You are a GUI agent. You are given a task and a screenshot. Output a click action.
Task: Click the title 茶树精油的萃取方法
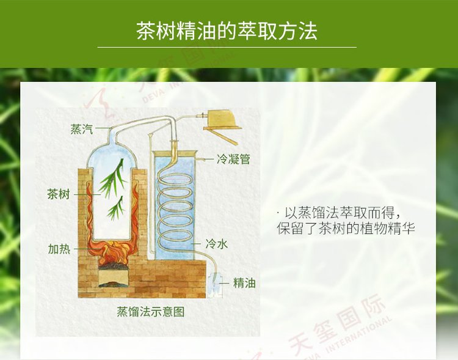(227, 31)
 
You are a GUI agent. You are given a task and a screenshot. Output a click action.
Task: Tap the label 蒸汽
(82, 129)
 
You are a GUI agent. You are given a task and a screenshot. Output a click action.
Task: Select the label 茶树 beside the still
(59, 194)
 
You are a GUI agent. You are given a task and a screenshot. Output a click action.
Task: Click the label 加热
(59, 249)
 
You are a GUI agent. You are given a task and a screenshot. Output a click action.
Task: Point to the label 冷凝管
(233, 160)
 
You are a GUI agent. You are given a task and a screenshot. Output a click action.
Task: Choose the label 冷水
(216, 244)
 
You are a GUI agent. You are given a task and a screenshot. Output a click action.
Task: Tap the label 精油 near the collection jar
(244, 283)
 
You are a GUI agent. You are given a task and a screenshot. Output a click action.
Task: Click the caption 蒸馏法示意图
(151, 312)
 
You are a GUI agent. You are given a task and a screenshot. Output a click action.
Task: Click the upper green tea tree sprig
(112, 178)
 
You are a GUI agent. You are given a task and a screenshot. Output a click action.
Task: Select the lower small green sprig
(115, 208)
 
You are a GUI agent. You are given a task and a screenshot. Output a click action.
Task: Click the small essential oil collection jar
(214, 285)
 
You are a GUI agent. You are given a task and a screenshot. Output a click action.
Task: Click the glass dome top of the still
(112, 153)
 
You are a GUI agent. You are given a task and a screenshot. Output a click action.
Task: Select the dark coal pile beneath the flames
(113, 266)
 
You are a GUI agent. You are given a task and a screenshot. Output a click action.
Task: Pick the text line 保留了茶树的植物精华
(346, 229)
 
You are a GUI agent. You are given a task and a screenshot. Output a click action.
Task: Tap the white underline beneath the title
(227, 47)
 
